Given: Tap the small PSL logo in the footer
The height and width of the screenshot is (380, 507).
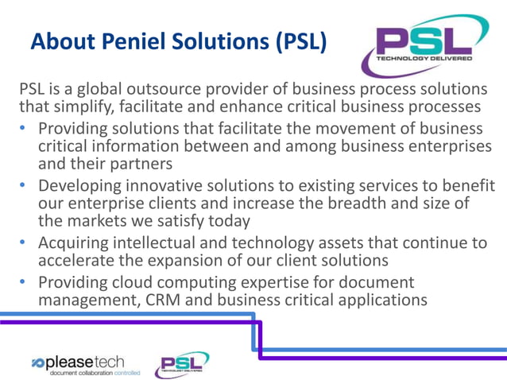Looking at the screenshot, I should (182, 363).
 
